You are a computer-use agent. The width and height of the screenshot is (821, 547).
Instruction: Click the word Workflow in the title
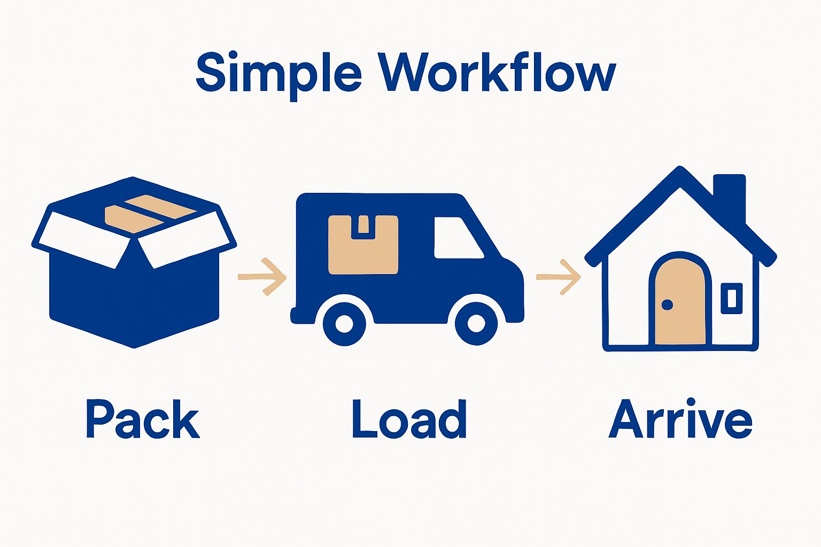pyautogui.click(x=498, y=73)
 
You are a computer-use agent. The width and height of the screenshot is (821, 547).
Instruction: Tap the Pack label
pyautogui.click(x=143, y=420)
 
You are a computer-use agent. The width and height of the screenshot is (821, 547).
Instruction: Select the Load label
pyautogui.click(x=409, y=420)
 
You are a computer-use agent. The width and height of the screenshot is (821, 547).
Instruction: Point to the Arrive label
pyautogui.click(x=680, y=420)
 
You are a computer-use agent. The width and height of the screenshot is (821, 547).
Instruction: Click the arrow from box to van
pyautogui.click(x=262, y=277)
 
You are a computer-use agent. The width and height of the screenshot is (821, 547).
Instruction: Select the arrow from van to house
pyautogui.click(x=559, y=277)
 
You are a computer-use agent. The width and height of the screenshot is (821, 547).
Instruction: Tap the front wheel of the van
pyautogui.click(x=476, y=323)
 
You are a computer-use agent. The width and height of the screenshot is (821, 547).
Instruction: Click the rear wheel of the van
pyautogui.click(x=344, y=323)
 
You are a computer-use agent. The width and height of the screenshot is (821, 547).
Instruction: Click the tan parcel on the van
pyautogui.click(x=363, y=245)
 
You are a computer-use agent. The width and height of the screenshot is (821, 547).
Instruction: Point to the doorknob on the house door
pyautogui.click(x=667, y=304)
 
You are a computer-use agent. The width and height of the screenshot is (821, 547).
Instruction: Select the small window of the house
pyautogui.click(x=731, y=298)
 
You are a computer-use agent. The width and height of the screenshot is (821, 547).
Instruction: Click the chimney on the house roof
pyautogui.click(x=730, y=195)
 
